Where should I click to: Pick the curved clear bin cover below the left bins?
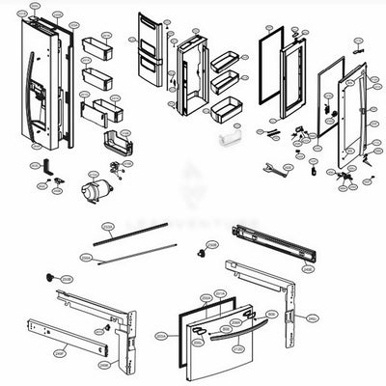click(x=114, y=145)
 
